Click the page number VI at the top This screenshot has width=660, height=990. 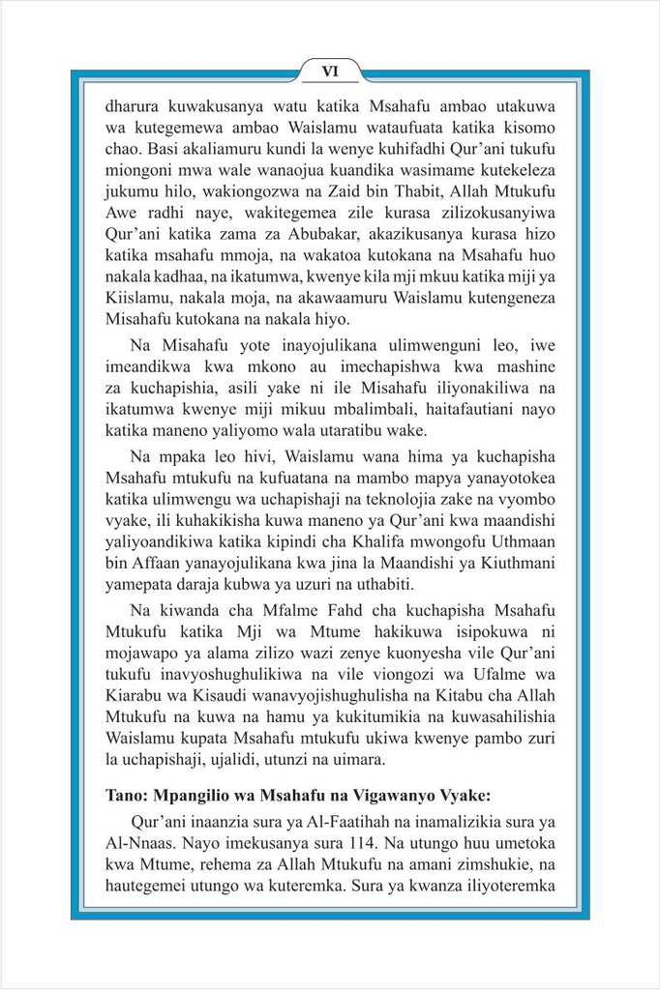click(330, 71)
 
